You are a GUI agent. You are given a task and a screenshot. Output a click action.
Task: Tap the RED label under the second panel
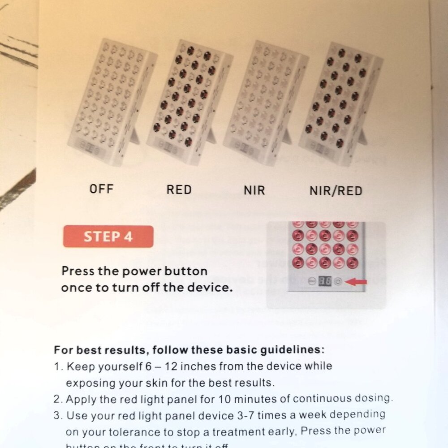179,190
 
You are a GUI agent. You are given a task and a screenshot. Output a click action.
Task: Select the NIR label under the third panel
254,190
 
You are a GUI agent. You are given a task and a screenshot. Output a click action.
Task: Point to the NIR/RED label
336,191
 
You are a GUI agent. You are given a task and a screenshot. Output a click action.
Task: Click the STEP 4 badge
108,237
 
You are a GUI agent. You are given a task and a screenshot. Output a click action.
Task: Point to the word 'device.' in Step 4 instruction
212,288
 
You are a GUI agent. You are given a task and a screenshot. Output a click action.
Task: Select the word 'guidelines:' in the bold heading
294,349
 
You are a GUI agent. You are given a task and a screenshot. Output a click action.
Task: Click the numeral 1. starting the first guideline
58,366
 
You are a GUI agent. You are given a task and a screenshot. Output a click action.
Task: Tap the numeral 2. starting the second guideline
58,399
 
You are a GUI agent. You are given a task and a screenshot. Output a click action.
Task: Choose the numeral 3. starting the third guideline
58,415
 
